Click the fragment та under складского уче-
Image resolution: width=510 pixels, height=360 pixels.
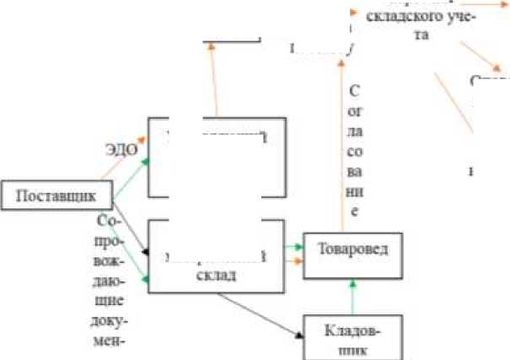pyautogui.click(x=419, y=35)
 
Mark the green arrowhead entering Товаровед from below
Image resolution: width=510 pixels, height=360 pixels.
pyautogui.click(x=351, y=285)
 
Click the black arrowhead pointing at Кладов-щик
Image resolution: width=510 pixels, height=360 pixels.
pyautogui.click(x=299, y=335)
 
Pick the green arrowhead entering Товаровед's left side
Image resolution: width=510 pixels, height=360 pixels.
pyautogui.click(x=298, y=247)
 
